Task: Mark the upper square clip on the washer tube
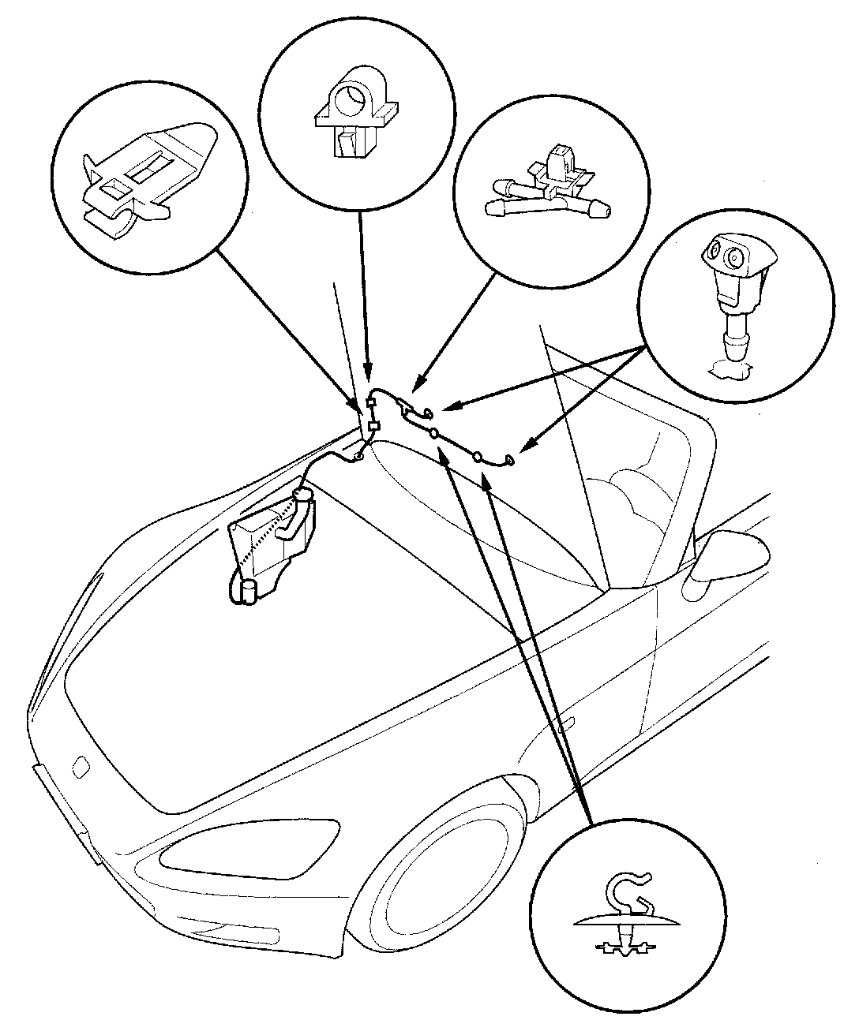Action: click(x=369, y=405)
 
